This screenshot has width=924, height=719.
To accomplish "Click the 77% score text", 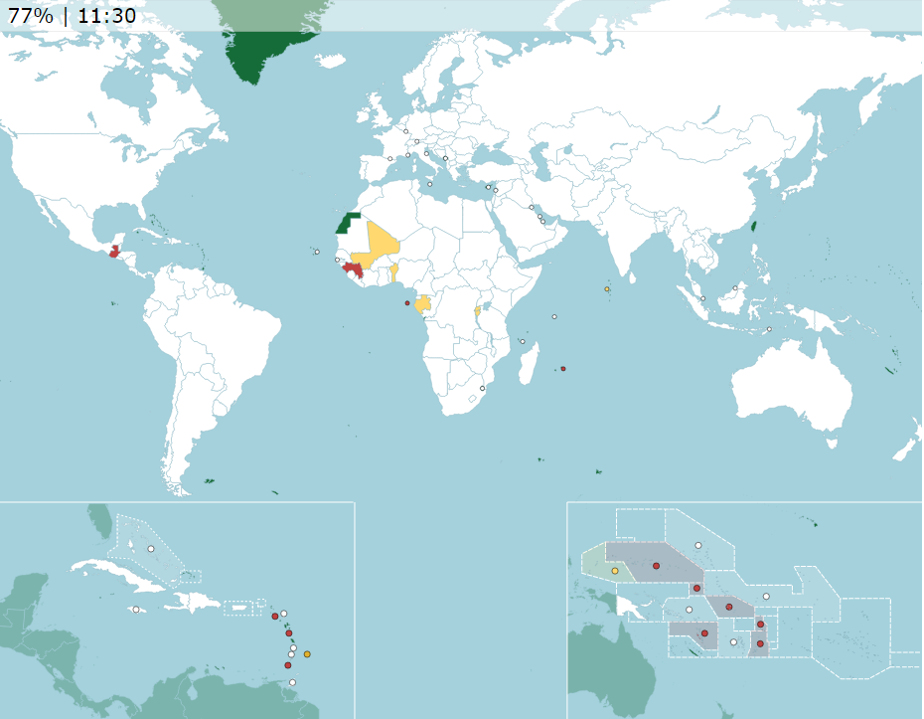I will (30, 15).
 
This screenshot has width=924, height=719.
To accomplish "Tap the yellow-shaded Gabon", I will (424, 304).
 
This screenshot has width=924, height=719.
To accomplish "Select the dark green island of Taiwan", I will (752, 223).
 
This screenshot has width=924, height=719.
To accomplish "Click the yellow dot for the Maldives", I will (606, 289).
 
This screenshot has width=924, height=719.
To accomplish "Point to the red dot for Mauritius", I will (562, 369).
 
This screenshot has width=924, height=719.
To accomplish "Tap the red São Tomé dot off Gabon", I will (406, 302).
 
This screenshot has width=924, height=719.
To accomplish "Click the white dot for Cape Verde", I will (317, 252).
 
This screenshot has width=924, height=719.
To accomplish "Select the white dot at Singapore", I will (702, 298).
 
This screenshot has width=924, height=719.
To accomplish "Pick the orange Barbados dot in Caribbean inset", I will (307, 653).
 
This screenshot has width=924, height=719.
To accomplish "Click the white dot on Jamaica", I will (136, 610).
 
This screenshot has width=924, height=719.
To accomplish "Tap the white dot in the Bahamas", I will (151, 549).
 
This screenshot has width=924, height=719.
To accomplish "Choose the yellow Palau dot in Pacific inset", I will (615, 571).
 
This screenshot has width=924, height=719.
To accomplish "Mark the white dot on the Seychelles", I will (553, 317).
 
